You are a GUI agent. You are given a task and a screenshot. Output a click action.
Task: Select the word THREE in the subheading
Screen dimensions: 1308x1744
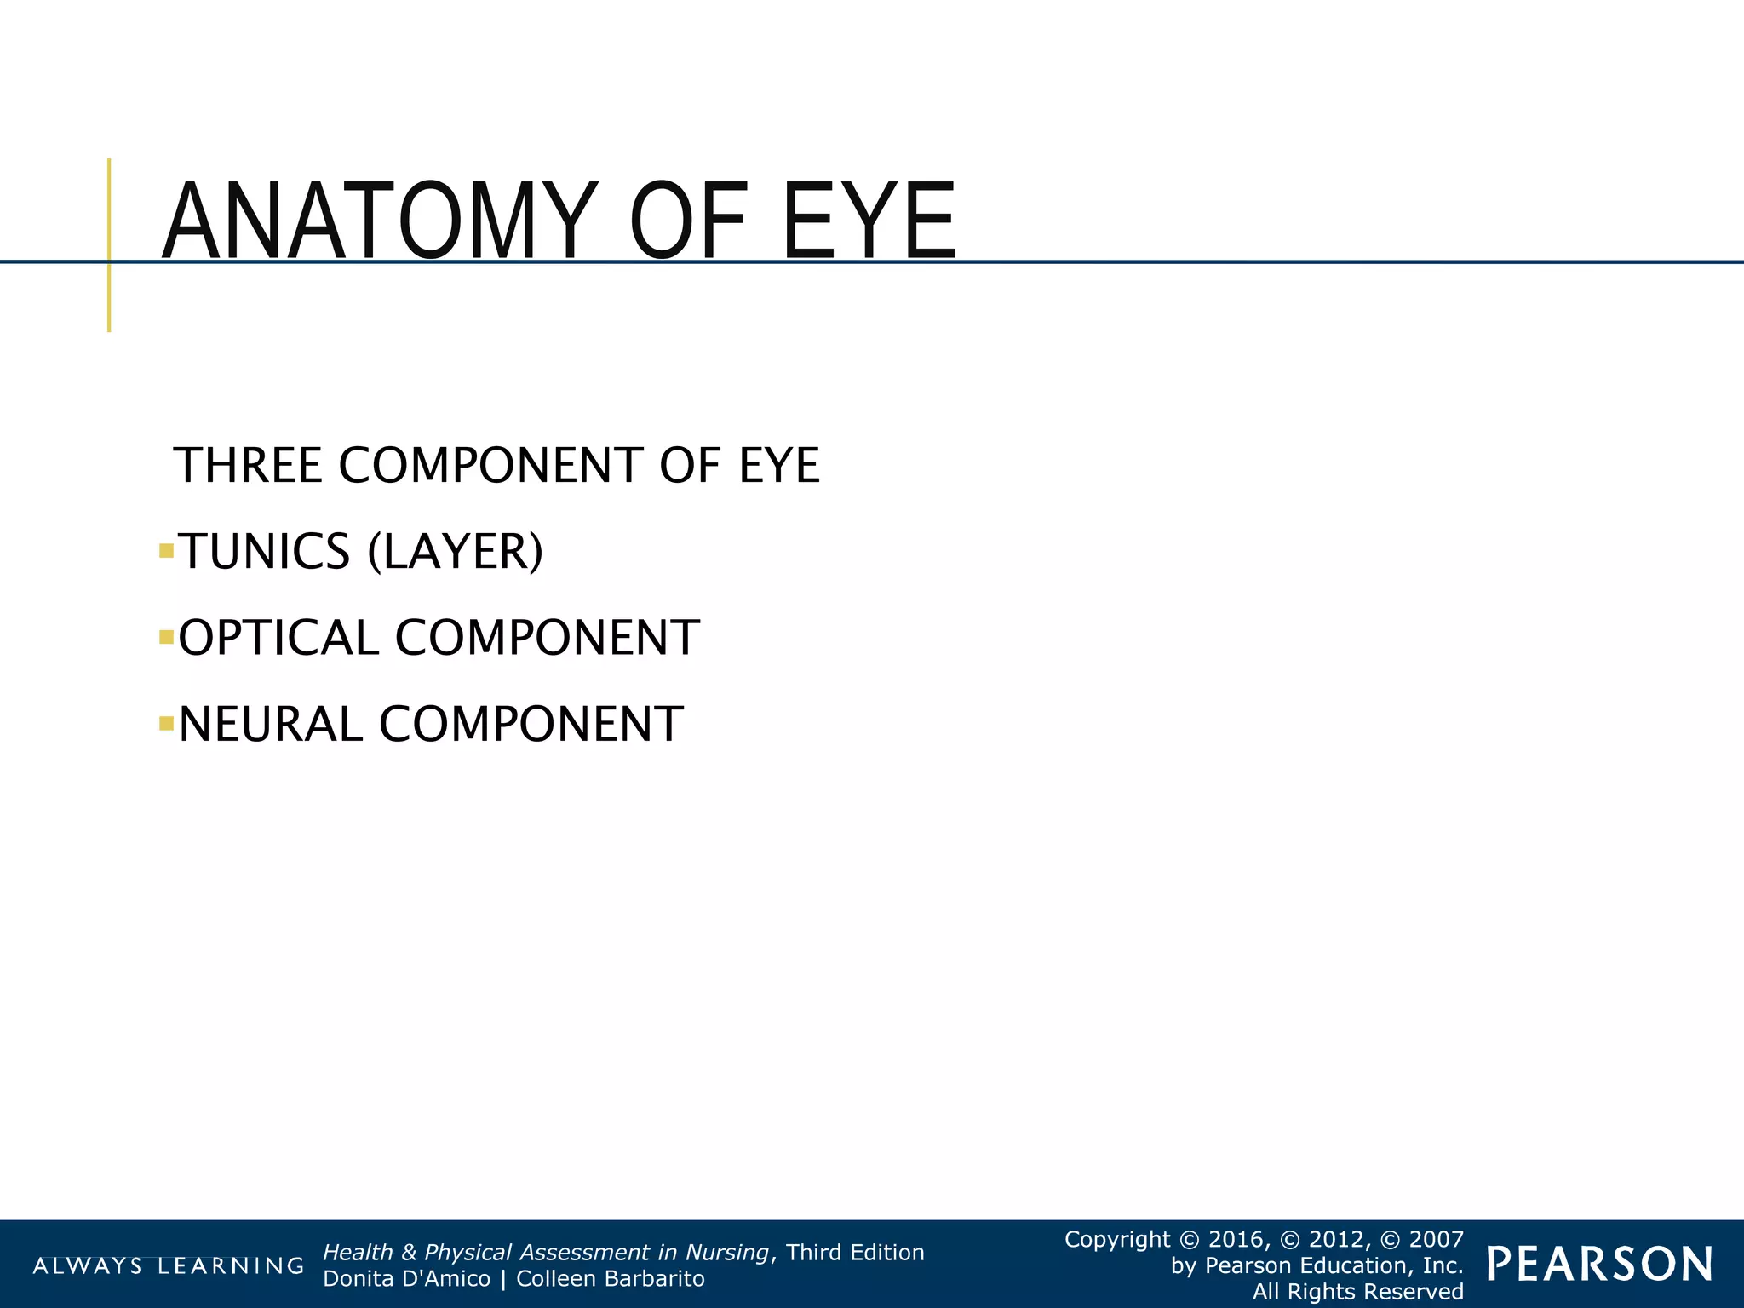point(248,466)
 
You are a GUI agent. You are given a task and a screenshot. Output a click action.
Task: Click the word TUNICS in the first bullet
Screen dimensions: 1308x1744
point(264,552)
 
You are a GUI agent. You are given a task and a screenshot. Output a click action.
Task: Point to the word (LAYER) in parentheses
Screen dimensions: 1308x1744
point(455,552)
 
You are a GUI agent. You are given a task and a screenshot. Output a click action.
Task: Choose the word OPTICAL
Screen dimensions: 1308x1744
point(278,638)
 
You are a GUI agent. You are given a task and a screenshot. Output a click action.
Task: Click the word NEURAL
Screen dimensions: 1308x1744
point(271,725)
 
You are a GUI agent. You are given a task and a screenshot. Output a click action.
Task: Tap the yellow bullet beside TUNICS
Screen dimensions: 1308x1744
point(166,552)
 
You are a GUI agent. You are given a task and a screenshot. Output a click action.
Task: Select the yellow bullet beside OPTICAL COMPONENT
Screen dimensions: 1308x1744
point(166,637)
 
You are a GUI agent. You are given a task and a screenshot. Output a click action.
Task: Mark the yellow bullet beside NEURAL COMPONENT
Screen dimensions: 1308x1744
point(166,724)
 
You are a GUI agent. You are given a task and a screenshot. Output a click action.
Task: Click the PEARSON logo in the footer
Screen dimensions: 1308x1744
point(1600,1265)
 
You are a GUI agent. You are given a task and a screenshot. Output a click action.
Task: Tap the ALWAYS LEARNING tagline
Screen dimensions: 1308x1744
point(168,1266)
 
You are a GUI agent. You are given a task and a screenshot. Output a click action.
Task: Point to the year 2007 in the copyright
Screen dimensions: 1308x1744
point(1437,1239)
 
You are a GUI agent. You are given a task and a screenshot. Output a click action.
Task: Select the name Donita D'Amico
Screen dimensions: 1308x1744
point(407,1279)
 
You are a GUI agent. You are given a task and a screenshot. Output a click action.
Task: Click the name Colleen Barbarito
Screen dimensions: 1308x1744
point(611,1279)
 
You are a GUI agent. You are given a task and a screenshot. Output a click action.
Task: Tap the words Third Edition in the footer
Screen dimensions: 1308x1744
point(855,1253)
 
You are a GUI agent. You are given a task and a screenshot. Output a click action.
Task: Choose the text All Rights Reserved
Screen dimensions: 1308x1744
point(1358,1292)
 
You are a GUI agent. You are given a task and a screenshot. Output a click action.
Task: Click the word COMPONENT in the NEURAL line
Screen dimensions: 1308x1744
point(531,725)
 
